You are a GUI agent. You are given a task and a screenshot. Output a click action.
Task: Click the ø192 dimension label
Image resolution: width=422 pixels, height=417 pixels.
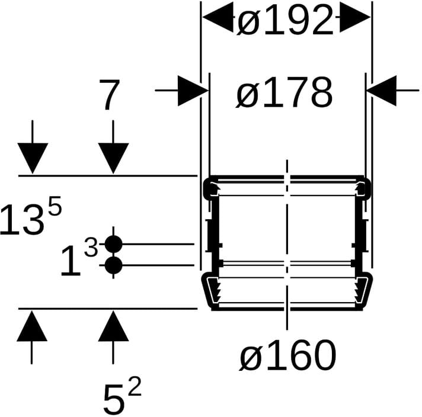[x=285, y=21]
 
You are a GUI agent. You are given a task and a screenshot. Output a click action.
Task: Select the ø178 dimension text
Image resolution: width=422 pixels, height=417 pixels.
[x=284, y=92]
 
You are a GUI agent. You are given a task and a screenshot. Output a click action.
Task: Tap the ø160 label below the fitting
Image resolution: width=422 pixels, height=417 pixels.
[x=287, y=355]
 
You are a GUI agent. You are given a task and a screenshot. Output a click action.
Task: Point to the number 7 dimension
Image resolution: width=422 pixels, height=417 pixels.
[x=108, y=94]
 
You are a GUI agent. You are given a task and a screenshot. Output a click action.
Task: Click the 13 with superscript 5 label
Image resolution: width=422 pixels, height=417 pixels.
[x=31, y=216]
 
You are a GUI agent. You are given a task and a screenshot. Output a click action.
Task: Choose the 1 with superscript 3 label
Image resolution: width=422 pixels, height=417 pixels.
[x=79, y=258]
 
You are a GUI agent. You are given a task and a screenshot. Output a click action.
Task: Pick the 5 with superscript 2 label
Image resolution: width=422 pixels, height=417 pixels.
[x=122, y=395]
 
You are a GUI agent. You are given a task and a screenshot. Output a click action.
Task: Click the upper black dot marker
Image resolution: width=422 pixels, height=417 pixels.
[x=113, y=244]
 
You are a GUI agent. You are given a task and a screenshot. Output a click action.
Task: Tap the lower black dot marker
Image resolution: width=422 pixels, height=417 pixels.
[x=113, y=265]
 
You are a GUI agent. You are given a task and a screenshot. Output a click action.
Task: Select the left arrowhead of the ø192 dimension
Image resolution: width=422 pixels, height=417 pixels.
[x=218, y=17]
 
